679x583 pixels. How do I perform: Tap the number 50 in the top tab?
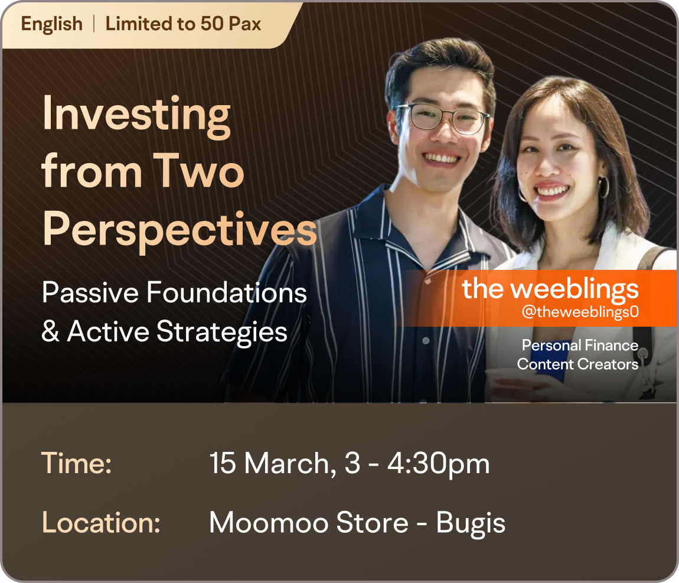[x=212, y=24]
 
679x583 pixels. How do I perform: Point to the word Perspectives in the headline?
[x=179, y=230]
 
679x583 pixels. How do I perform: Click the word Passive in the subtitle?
[x=90, y=292]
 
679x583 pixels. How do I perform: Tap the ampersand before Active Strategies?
[x=50, y=332]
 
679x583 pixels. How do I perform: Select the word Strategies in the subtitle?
[x=222, y=333]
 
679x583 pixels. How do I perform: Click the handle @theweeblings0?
[x=580, y=312]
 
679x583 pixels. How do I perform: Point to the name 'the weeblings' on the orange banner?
[x=550, y=289]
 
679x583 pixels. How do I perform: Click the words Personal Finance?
[x=580, y=345]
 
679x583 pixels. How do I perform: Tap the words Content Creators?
[x=577, y=364]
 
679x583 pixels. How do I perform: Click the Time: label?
[x=77, y=464]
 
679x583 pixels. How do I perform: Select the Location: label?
[x=101, y=523]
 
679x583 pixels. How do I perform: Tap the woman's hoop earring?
[x=603, y=187]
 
